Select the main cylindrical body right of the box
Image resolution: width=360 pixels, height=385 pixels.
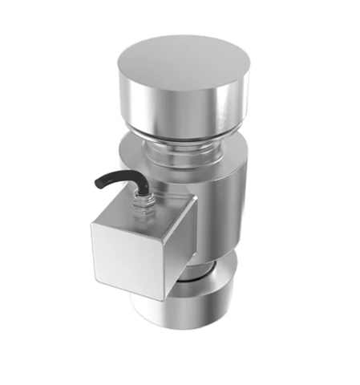point(220,209)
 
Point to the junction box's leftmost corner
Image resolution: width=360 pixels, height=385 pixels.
point(90,227)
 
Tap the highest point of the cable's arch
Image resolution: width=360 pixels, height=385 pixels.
point(112,172)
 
